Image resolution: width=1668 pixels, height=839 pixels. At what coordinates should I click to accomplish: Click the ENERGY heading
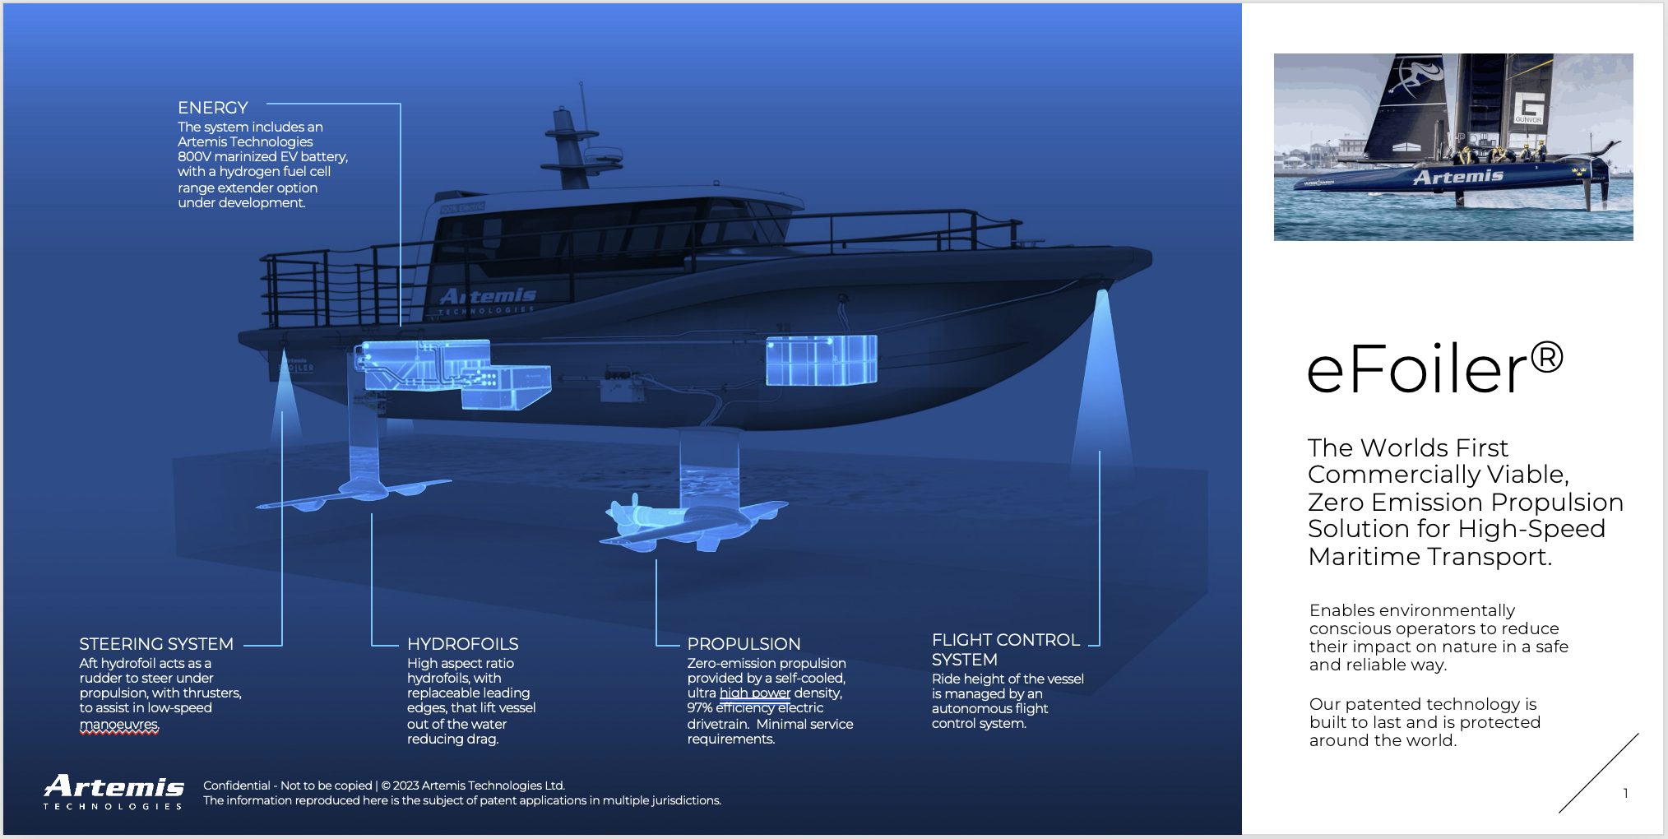point(212,108)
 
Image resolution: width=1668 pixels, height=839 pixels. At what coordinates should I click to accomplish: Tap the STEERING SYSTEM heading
point(156,644)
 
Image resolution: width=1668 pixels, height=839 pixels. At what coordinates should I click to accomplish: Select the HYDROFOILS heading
point(462,644)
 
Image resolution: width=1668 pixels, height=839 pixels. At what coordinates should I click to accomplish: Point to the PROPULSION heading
point(744,644)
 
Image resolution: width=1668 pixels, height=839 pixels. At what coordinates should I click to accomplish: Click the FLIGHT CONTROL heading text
point(1005,640)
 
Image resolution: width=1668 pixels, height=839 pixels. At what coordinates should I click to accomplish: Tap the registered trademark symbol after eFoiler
point(1547,358)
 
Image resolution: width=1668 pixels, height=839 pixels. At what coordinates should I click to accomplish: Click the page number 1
point(1625,793)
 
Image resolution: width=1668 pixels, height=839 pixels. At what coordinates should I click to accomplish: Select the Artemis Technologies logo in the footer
point(114,791)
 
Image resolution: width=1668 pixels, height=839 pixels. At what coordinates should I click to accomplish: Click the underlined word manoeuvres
point(118,725)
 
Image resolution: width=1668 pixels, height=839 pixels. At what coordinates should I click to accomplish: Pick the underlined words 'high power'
point(754,693)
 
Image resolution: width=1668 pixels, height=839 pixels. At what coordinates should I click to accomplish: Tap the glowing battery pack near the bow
point(821,360)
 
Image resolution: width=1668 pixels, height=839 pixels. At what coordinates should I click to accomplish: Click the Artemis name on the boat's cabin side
point(488,296)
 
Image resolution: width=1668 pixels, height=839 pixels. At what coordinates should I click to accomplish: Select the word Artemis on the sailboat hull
point(1457,177)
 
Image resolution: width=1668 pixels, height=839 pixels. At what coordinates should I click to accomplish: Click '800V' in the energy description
point(194,157)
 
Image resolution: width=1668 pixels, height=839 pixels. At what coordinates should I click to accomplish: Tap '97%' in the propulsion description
point(700,708)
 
